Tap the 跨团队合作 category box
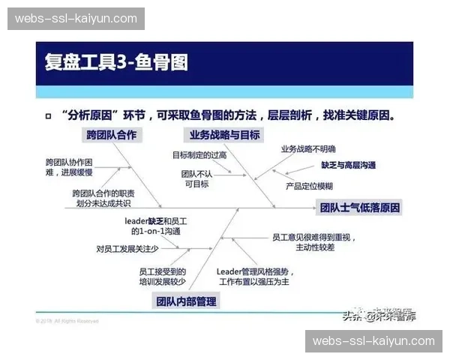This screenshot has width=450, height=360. pyautogui.click(x=112, y=135)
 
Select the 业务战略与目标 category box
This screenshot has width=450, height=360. pyautogui.click(x=225, y=135)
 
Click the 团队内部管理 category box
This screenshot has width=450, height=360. pyautogui.click(x=185, y=301)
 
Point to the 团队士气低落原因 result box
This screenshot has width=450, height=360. pyautogui.click(x=360, y=208)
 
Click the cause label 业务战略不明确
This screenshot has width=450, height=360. pyautogui.click(x=308, y=149)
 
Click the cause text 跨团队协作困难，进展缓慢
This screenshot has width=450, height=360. pyautogui.click(x=69, y=166)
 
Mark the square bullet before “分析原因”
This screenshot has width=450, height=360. pyautogui.click(x=48, y=117)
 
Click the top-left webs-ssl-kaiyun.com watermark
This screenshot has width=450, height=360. pyautogui.click(x=76, y=18)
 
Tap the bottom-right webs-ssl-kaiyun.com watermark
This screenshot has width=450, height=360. pyautogui.click(x=373, y=341)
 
